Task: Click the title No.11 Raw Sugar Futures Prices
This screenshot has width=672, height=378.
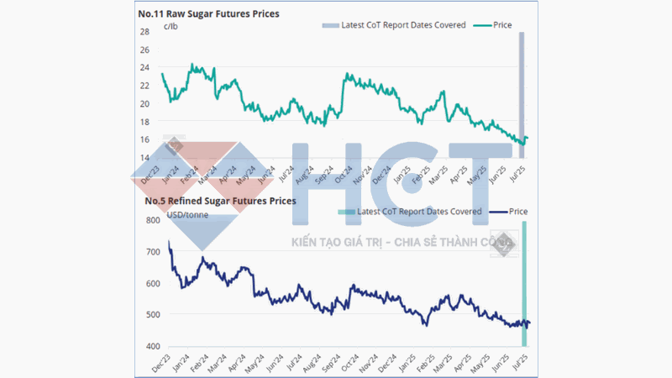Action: [x=208, y=13]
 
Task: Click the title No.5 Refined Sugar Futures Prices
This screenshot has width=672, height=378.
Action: [x=220, y=201]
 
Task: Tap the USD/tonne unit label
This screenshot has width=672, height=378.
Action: [x=188, y=215]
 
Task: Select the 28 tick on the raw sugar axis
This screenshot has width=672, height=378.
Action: [x=144, y=32]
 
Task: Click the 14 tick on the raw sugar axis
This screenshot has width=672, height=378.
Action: [x=144, y=158]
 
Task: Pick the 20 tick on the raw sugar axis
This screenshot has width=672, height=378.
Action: [x=144, y=104]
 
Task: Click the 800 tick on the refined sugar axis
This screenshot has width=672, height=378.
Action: [x=153, y=221]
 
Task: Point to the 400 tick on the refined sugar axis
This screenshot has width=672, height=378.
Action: [x=153, y=346]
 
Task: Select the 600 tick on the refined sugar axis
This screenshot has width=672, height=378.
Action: [x=153, y=284]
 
